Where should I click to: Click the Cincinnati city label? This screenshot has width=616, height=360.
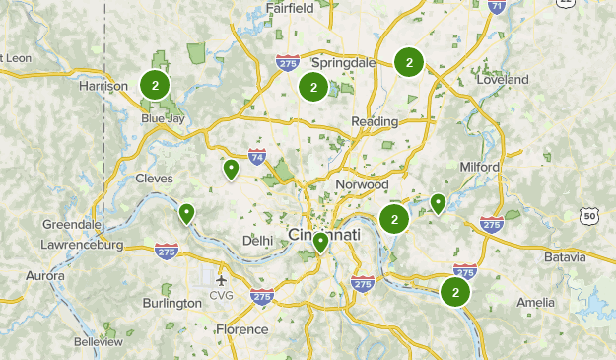point(324,235)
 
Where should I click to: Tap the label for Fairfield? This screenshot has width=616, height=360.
point(290,9)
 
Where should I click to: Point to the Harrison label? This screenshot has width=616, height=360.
point(103,87)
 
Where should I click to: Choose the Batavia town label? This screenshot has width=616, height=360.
point(565,257)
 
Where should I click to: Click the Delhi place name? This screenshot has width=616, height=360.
point(257,241)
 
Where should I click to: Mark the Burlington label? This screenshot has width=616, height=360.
point(171,303)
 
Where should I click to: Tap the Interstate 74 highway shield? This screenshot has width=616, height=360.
point(256,156)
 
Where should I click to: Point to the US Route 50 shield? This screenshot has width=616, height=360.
point(588,215)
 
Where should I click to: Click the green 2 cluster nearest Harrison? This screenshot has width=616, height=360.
point(155,85)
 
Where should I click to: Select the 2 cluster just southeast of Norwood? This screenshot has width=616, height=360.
point(394,219)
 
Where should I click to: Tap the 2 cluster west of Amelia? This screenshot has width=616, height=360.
point(455,292)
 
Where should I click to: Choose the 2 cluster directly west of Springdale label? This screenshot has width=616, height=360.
point(312,87)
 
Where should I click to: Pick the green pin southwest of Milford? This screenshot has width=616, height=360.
point(438,203)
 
